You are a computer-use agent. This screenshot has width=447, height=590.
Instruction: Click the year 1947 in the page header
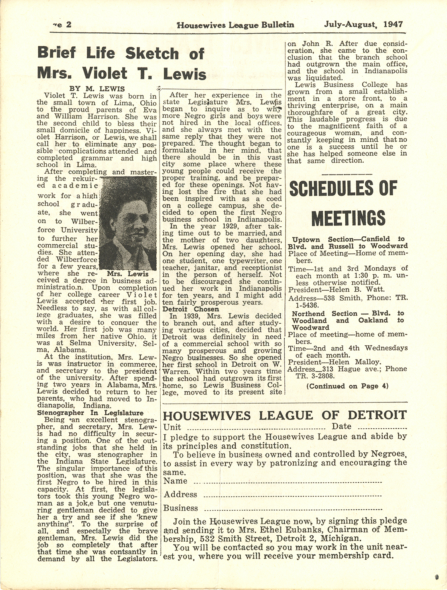click(393, 24)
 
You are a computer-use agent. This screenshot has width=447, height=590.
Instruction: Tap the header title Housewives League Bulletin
click(235, 25)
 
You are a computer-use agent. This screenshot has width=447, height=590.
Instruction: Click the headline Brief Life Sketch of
click(120, 53)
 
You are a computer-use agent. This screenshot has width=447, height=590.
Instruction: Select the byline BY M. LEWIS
click(97, 89)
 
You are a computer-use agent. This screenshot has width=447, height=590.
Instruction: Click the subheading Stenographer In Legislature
click(90, 413)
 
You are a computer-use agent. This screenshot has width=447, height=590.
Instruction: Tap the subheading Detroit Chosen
click(191, 309)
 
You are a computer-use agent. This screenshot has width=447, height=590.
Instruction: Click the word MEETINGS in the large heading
click(348, 218)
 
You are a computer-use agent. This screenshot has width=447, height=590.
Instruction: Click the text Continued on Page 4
click(347, 386)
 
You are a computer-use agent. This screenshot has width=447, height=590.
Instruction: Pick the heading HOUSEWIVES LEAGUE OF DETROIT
click(285, 415)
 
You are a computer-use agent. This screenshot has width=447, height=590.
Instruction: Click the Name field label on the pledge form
click(175, 481)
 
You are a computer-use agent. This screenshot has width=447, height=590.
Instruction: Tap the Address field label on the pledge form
click(180, 494)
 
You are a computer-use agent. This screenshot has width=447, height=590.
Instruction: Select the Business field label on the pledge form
click(181, 508)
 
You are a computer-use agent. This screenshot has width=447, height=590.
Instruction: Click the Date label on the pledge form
click(341, 426)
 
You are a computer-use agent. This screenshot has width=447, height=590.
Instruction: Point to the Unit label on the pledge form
click(172, 427)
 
